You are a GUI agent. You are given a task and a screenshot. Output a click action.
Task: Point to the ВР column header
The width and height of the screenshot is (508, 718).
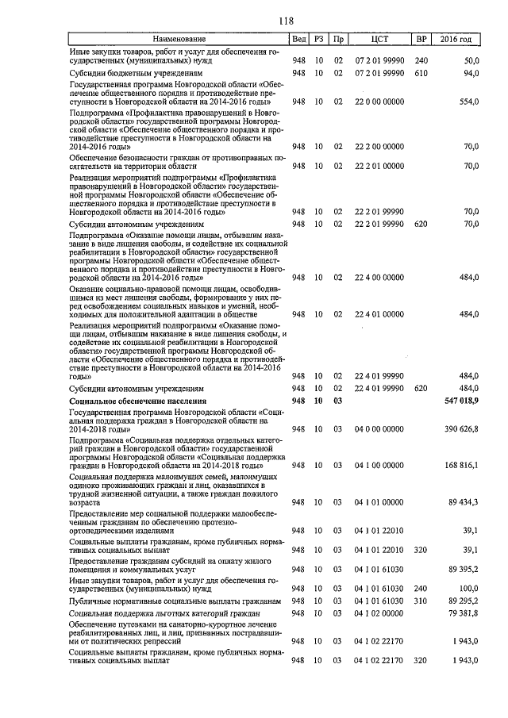421,39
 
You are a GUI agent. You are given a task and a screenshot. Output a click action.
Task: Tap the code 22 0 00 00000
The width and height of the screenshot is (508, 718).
379,102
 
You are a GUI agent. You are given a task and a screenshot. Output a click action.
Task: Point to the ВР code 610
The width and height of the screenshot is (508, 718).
421,73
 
